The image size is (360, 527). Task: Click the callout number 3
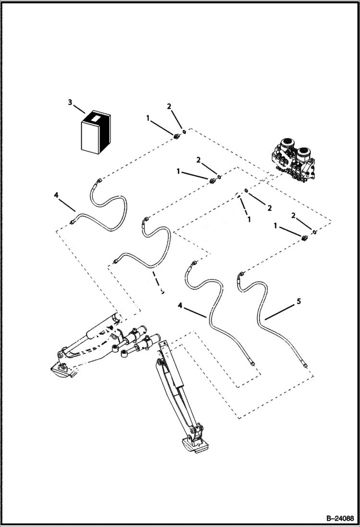pos(70,102)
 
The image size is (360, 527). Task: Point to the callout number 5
pos(298,301)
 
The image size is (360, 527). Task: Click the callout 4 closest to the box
pos(56,195)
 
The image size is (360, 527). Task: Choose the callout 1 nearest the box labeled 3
pos(148,117)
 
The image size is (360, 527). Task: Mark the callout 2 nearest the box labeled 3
pos(169,106)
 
